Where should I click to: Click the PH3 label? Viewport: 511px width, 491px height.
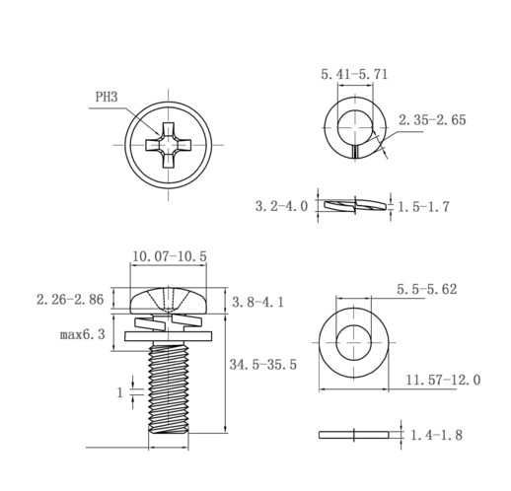pyautogui.click(x=107, y=98)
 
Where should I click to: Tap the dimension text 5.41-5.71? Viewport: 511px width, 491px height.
pyautogui.click(x=354, y=74)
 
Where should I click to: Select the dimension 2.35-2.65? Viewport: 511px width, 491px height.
pyautogui.click(x=432, y=120)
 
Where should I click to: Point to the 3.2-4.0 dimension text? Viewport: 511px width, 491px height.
pyautogui.click(x=281, y=206)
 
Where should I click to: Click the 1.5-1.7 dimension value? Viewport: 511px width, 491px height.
pyautogui.click(x=423, y=207)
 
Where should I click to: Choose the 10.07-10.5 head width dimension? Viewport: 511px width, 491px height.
pyautogui.click(x=170, y=256)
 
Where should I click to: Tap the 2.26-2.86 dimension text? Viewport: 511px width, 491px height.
pyautogui.click(x=70, y=300)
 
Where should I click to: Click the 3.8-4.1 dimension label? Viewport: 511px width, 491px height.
pyautogui.click(x=257, y=302)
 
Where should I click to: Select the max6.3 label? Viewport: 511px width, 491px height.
pyautogui.click(x=83, y=334)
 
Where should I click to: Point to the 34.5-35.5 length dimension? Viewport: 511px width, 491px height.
pyautogui.click(x=263, y=365)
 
